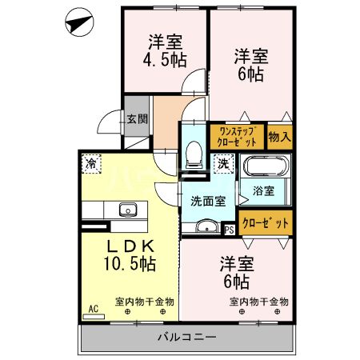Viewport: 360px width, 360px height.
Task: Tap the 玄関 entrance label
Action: coord(136,119)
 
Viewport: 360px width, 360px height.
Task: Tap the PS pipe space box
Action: coord(230,228)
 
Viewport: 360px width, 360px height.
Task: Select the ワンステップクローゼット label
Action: coord(237,136)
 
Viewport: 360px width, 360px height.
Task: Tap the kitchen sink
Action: coord(127,210)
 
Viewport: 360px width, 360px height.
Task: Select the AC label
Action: coord(93,307)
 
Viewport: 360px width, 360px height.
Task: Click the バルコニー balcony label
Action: coord(187,337)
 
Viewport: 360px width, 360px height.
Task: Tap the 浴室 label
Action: coord(264,191)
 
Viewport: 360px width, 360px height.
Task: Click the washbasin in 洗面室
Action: coord(206,226)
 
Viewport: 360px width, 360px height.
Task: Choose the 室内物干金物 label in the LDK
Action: coord(143,302)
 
